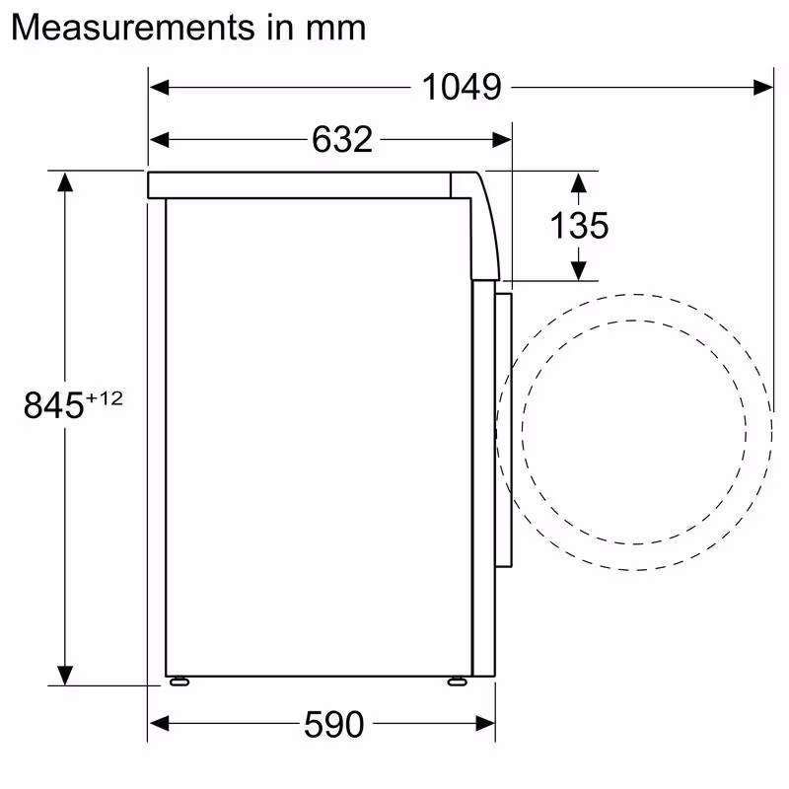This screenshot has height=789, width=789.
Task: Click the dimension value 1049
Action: tap(462, 87)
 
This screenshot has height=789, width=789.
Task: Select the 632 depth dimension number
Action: tap(342, 140)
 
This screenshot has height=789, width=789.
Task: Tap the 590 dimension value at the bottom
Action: tap(332, 726)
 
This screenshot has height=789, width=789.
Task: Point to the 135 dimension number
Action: tap(579, 226)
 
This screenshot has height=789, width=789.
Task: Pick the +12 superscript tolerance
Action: tap(105, 397)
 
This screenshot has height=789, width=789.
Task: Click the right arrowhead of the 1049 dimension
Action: tap(763, 87)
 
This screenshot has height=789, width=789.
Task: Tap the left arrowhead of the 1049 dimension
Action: tap(159, 87)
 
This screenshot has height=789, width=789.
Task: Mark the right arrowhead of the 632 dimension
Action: tap(502, 140)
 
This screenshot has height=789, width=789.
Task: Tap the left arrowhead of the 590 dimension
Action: tap(159, 725)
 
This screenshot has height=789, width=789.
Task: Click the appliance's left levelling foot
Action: tap(179, 681)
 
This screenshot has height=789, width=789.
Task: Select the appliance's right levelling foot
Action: tap(457, 681)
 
